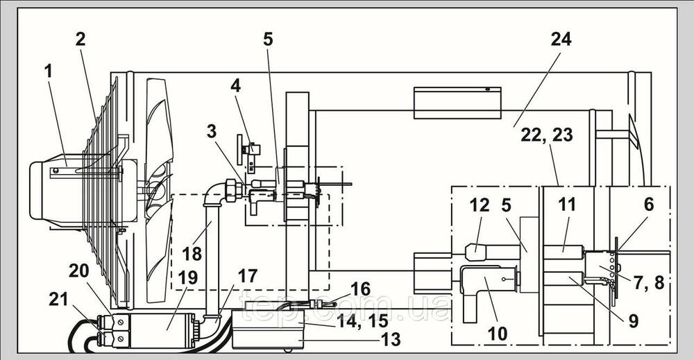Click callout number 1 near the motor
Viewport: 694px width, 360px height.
pos(48,71)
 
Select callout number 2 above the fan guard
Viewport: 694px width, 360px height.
pos(80,40)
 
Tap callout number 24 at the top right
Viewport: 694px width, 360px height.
pos(561,40)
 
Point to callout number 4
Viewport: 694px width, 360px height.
pos(235,86)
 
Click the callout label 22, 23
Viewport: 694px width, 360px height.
pos(547,135)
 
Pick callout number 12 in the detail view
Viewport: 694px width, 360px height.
pos(480,205)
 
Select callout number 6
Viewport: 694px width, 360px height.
pos(648,205)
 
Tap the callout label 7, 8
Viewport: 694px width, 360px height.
pos(649,282)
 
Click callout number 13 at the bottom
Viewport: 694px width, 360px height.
pos(390,340)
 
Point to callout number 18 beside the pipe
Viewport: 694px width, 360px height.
pos(192,254)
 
